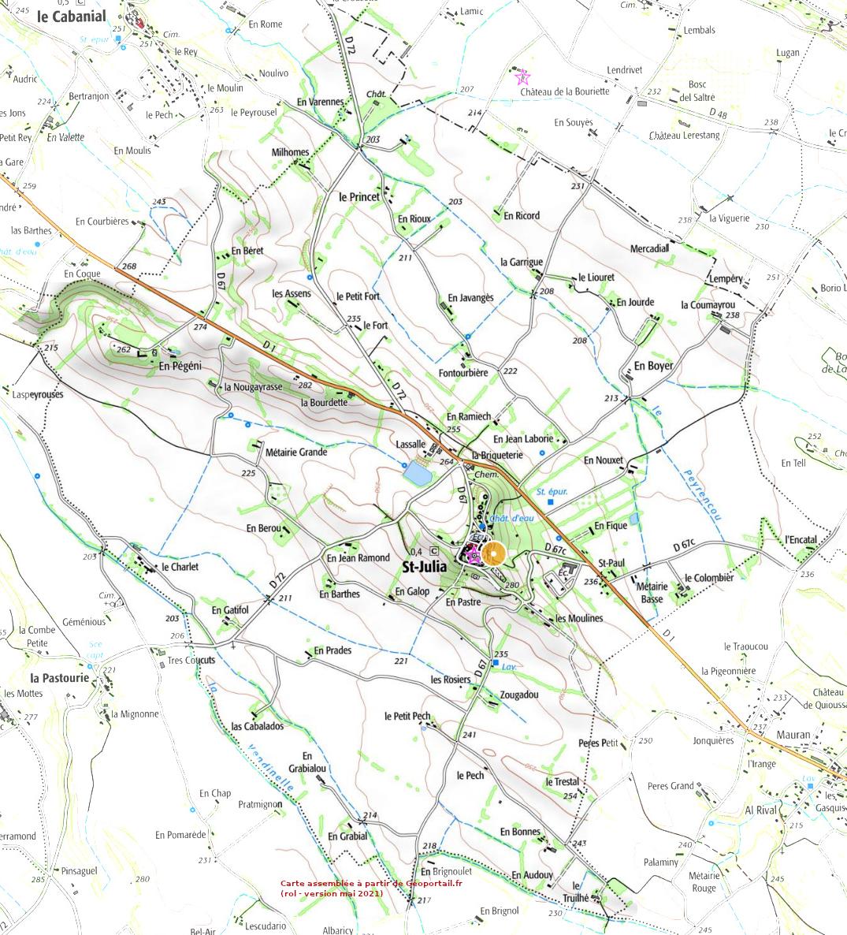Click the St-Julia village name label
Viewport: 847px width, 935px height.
[425, 567]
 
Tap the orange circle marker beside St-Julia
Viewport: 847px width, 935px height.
[494, 554]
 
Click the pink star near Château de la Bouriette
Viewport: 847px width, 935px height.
[522, 77]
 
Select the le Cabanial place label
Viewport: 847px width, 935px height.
[71, 16]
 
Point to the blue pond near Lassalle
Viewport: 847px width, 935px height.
[417, 474]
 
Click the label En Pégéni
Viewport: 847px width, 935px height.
[180, 366]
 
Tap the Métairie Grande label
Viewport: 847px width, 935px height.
[296, 453]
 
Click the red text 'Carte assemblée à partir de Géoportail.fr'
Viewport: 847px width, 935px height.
[371, 884]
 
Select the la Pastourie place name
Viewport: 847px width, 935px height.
[60, 677]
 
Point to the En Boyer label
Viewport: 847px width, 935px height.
[654, 366]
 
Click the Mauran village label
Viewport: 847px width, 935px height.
[793, 735]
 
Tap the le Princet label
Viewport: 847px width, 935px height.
[359, 196]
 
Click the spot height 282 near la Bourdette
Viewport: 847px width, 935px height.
[306, 385]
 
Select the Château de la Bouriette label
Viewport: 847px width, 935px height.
[565, 91]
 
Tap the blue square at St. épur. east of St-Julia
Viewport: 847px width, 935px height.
[551, 502]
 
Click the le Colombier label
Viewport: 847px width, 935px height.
[708, 578]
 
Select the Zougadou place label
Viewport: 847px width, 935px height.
[519, 695]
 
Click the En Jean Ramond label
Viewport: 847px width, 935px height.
[358, 557]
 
